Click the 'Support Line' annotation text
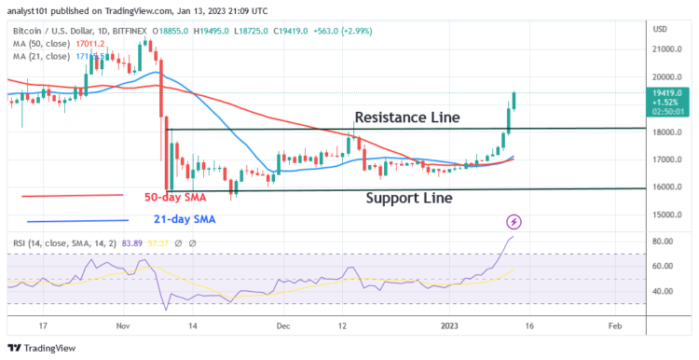pos(408,198)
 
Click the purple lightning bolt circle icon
pos(514,222)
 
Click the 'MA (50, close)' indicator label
pos(39,42)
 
